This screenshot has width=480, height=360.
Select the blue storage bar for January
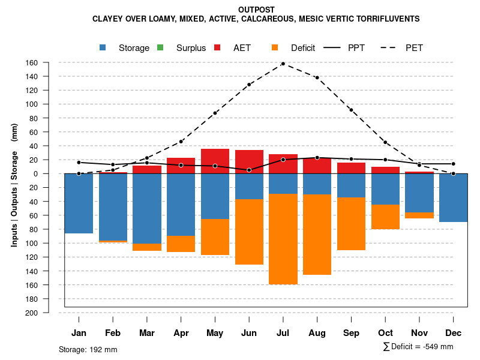click(79, 203)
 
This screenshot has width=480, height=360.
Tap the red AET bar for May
click(215, 161)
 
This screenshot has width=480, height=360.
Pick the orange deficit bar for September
click(352, 224)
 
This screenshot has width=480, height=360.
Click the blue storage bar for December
click(453, 197)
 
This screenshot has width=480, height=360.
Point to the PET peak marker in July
click(283, 64)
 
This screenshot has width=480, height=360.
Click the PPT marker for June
click(249, 170)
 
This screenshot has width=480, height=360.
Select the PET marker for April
click(181, 142)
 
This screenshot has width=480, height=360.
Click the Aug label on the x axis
click(317, 333)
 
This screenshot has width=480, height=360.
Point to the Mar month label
click(147, 333)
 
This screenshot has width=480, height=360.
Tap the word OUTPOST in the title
click(256, 10)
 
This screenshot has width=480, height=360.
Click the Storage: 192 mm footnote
click(88, 349)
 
